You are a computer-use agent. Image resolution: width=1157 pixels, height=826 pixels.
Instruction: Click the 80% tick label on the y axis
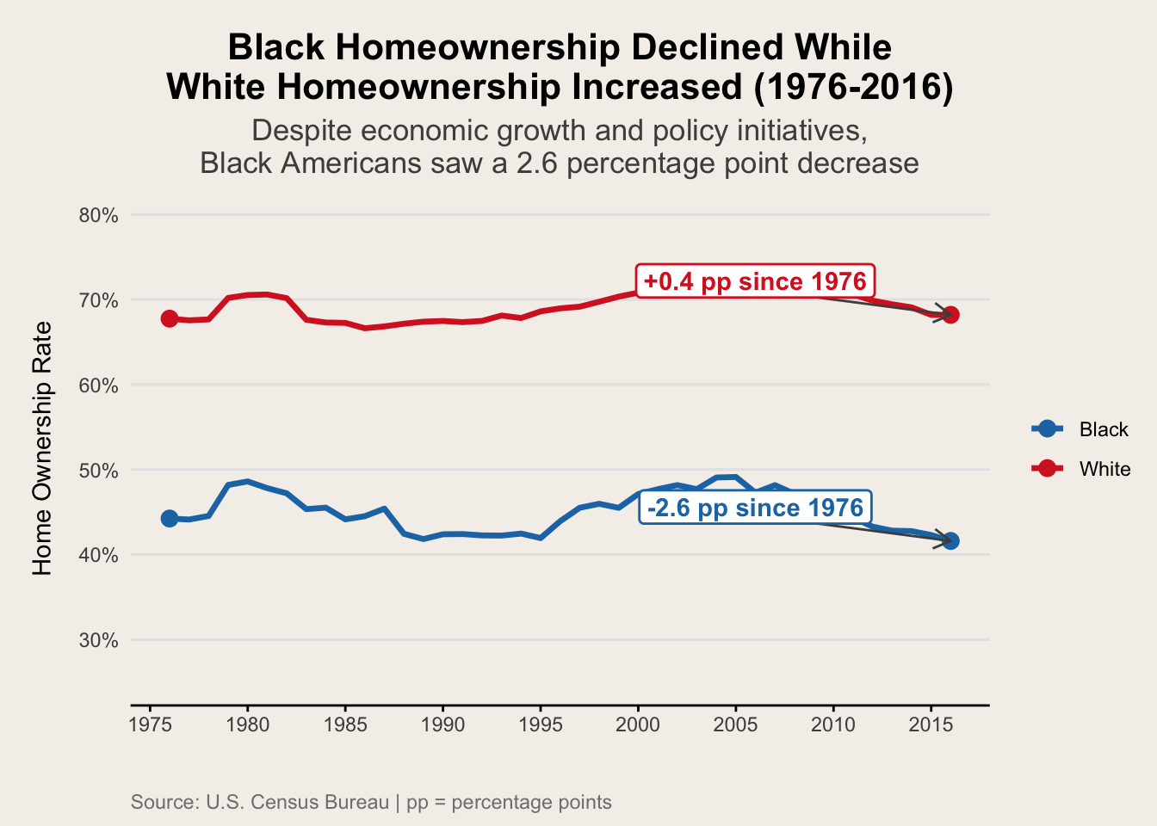click(x=98, y=215)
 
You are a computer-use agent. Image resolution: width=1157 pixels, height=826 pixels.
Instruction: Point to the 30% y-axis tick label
click(x=98, y=640)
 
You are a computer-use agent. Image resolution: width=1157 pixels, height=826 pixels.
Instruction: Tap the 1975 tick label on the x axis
click(x=151, y=724)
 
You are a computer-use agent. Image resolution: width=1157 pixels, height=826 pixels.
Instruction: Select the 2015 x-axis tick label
click(x=931, y=724)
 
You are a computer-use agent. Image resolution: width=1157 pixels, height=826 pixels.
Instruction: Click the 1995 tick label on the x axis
click(x=541, y=724)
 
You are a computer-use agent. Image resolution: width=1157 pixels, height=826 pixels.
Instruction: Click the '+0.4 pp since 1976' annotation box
click(x=755, y=281)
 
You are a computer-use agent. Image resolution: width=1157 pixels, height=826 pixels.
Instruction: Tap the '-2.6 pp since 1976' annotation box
click(x=755, y=508)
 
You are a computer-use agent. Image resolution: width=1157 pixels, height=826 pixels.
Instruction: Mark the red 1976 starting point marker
click(x=170, y=318)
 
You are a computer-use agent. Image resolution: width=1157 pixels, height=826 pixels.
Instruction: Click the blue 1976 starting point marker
click(x=170, y=518)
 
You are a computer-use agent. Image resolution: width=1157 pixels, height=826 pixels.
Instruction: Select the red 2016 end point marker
click(x=950, y=315)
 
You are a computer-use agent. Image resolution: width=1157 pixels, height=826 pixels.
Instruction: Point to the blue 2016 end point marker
click(x=950, y=540)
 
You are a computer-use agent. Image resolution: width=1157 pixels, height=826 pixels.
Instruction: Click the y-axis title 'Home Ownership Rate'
click(x=42, y=447)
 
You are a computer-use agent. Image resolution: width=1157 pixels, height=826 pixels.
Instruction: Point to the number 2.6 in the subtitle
click(x=535, y=163)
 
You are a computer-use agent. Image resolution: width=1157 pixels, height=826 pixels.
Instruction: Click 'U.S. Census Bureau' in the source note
click(x=298, y=803)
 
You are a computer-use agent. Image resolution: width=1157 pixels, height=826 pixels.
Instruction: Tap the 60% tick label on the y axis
click(x=98, y=385)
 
